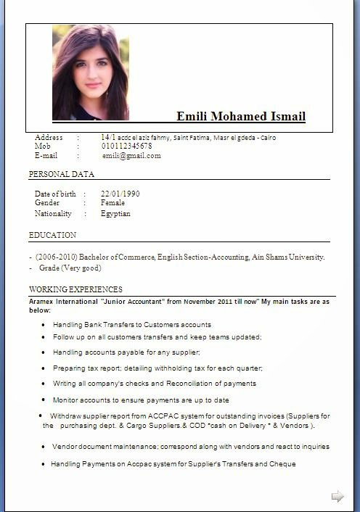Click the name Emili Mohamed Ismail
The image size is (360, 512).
241,117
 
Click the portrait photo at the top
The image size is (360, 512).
90,72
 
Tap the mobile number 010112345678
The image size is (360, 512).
127,146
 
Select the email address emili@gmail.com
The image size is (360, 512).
131,155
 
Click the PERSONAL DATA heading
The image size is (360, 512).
62,174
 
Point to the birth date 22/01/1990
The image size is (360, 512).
120,194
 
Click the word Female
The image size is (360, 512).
113,203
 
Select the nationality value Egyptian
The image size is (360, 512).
116,214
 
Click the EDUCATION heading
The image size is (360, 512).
52,235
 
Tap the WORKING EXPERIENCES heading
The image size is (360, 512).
75,289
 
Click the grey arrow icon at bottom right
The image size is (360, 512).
337,496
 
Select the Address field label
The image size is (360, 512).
49,137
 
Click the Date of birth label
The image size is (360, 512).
55,194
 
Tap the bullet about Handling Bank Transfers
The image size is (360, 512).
132,324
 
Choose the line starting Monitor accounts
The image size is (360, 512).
141,400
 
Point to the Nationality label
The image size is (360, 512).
53,214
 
